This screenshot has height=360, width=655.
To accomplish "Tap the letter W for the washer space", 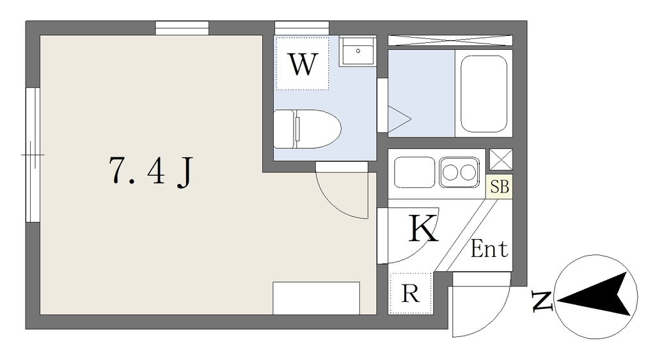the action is [x=303, y=65].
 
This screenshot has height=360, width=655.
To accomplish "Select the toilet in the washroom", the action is [x=308, y=129].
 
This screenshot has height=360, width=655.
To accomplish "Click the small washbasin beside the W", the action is [x=358, y=51].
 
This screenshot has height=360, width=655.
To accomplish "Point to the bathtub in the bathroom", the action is [x=484, y=94].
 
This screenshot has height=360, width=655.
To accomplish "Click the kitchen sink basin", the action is [x=414, y=172].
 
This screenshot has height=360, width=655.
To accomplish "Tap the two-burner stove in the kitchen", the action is [x=459, y=172].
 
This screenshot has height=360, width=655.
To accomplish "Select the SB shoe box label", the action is [x=499, y=187].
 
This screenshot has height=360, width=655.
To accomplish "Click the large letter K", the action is [x=423, y=228].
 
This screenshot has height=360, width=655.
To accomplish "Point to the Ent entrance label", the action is [x=489, y=249].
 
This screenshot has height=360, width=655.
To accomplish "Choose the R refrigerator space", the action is [x=410, y=293].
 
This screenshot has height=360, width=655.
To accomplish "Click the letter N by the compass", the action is [x=542, y=301].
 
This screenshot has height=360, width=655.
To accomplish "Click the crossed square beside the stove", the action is [x=501, y=159].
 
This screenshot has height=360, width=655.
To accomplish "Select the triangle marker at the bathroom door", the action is [x=399, y=119].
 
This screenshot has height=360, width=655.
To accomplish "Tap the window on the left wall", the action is [x=33, y=155].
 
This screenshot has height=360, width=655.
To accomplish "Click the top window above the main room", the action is [x=182, y=28].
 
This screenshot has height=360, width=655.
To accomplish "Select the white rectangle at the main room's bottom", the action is [x=316, y=298].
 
